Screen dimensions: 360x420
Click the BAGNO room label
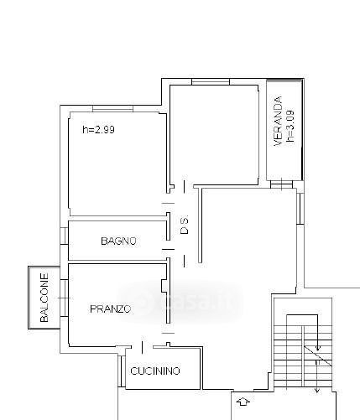point(118,241)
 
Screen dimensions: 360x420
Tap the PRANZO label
point(111,309)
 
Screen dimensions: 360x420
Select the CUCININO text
point(155,371)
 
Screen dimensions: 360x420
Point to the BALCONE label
point(44,298)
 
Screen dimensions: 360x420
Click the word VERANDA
point(278,121)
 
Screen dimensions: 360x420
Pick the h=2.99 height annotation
point(98,130)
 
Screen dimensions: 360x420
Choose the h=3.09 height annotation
point(290,127)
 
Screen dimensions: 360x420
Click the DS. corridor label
point(185,225)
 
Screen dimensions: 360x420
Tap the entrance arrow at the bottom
point(243,402)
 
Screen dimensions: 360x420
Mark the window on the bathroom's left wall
point(64,236)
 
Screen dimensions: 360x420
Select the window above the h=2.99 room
point(112,109)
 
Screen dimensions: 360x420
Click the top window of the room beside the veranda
point(211,81)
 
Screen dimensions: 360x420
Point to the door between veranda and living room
point(281,184)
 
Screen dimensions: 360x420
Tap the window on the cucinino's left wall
point(122,371)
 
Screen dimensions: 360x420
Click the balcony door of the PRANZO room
point(64,298)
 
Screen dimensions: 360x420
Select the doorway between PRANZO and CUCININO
point(142,348)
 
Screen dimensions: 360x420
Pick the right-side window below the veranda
point(300,209)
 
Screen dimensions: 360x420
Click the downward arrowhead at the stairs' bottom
point(316,391)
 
